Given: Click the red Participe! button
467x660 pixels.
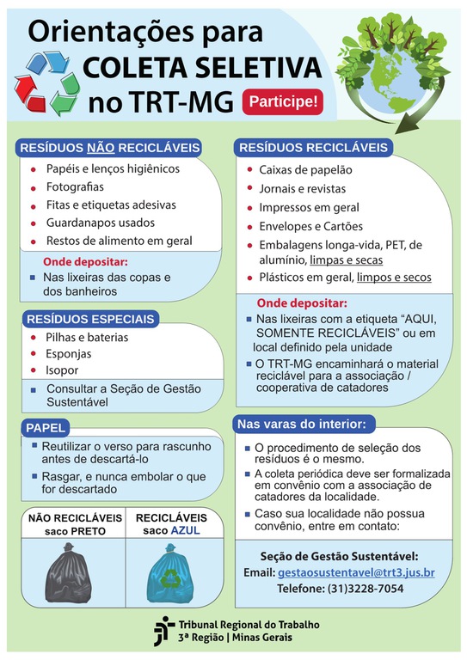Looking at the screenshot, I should pos(283,101).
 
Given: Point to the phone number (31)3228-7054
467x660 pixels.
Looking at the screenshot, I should pos(365,589).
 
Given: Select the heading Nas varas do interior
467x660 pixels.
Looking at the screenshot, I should pos(302,425).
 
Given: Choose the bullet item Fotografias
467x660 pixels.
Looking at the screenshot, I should pos(75,186).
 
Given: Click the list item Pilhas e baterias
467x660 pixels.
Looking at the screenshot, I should pos(87,337).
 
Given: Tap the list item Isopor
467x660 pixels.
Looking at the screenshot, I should pos(62,370).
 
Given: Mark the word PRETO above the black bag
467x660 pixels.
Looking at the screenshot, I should pos(89,531).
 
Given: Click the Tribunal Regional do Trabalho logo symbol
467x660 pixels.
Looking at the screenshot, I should pos(163,631).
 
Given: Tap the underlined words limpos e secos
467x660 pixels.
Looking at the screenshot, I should pos(394,278).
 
